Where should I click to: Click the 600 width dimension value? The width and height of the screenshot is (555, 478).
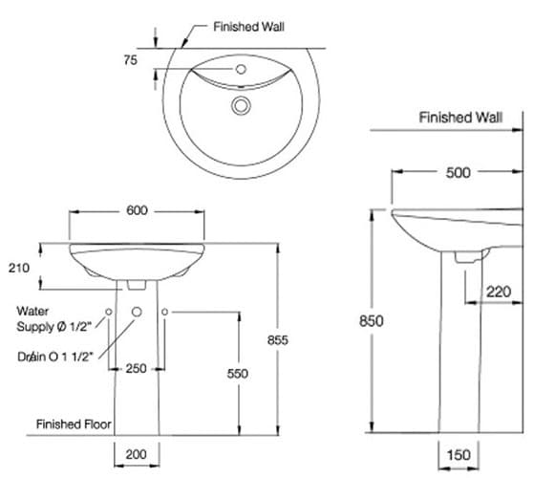[137, 211]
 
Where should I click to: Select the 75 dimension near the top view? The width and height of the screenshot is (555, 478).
[131, 59]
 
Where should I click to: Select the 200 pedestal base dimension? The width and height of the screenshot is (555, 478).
[137, 455]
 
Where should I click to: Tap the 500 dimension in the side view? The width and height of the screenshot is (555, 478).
[458, 173]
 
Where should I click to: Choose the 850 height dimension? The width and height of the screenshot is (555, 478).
[371, 321]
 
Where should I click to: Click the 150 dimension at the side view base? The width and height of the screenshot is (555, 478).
[459, 455]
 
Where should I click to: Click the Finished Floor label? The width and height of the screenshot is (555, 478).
[74, 423]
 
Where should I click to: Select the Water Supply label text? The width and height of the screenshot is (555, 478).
[53, 319]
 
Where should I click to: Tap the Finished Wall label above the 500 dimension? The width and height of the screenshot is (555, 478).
[459, 118]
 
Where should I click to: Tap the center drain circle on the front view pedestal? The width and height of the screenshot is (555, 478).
[137, 313]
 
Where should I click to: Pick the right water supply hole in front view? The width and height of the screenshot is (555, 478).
[164, 313]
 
